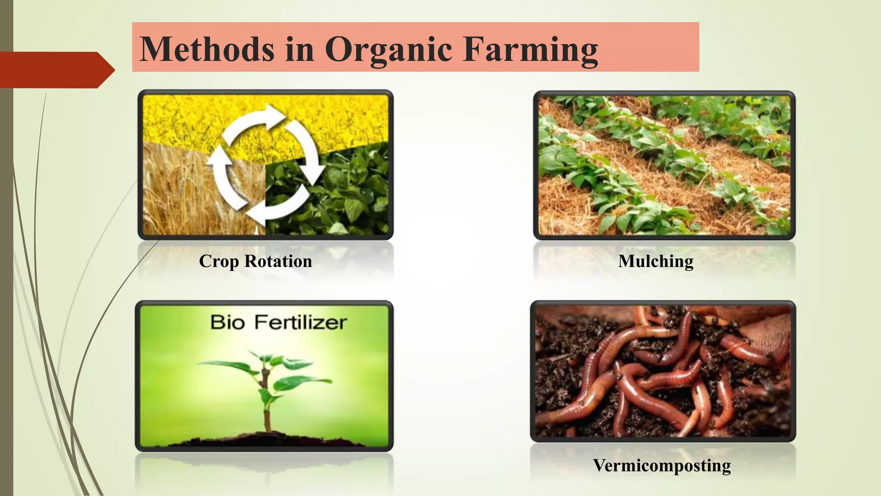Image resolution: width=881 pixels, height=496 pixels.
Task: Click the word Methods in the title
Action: pos(207,49)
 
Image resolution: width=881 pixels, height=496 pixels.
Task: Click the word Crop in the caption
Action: pos(219,261)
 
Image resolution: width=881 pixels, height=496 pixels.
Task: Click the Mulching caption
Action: pos(656,261)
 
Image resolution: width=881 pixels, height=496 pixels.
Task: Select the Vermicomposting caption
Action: pos(662,465)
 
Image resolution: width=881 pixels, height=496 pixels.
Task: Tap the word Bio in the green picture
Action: pos(228,322)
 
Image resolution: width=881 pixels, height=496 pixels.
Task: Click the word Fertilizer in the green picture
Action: pos(300,322)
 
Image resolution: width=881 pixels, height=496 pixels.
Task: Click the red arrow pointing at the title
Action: pos(56,70)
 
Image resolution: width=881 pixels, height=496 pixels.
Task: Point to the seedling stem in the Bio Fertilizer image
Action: pos(267,405)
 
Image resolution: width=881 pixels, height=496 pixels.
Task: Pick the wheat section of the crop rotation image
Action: pos(181,194)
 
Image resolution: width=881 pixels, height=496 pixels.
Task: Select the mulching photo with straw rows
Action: pos(664,165)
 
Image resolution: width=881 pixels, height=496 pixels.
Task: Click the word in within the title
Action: pos(299,49)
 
